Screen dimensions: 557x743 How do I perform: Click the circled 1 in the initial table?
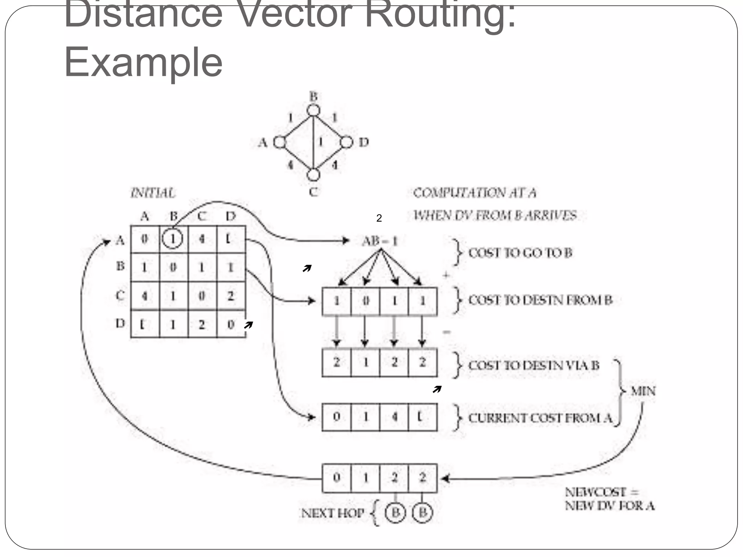click(172, 239)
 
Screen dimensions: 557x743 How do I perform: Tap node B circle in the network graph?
click(313, 110)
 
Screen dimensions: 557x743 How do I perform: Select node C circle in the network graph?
click(313, 174)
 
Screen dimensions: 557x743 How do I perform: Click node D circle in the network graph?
click(346, 142)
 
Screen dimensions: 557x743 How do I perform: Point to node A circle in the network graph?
click(280, 142)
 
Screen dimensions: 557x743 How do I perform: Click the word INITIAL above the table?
click(153, 193)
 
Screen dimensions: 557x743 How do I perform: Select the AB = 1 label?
click(380, 241)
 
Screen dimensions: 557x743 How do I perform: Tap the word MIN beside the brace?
click(643, 391)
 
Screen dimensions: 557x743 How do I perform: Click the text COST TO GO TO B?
click(520, 253)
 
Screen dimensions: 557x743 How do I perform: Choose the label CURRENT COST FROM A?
click(540, 418)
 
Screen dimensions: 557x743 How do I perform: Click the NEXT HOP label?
click(333, 513)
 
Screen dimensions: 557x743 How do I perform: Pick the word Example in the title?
click(143, 62)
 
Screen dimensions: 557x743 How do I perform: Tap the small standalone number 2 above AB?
click(379, 218)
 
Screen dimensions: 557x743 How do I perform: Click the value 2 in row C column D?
click(231, 296)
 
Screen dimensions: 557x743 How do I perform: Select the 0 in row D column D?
click(231, 325)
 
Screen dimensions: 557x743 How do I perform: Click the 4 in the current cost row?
click(394, 417)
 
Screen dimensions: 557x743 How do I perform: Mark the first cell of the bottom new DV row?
click(336, 478)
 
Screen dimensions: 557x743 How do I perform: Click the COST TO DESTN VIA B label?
click(534, 365)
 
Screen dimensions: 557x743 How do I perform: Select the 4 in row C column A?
click(144, 296)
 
